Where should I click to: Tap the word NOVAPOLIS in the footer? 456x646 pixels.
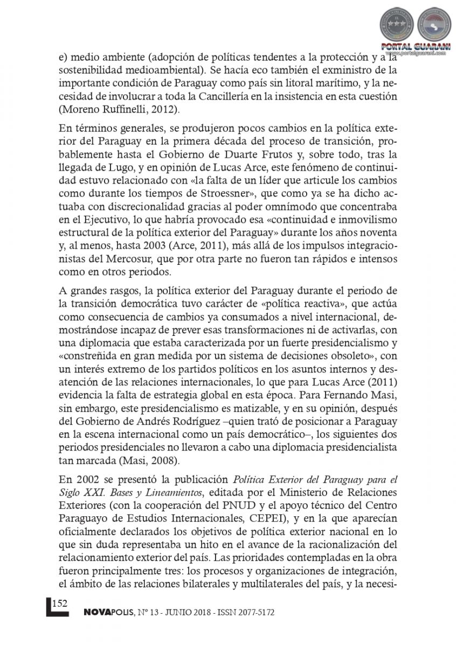point(108,613)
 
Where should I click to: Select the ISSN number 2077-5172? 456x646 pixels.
point(256,613)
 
